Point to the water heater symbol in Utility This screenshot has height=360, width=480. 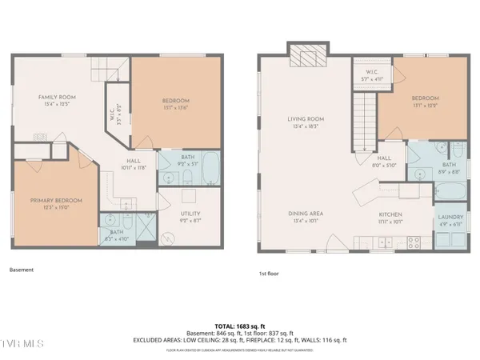tap(169, 238)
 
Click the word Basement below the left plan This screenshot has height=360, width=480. tap(22, 270)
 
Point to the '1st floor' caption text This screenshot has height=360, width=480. tap(270, 273)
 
